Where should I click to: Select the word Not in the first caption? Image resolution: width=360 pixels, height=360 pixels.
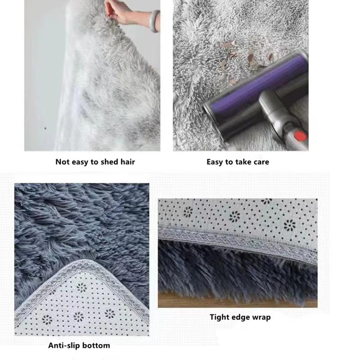(63, 162)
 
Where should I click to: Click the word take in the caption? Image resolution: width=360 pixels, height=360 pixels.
(240, 162)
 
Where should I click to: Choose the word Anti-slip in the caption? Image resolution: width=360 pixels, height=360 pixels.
(64, 346)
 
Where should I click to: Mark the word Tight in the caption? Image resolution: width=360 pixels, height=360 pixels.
(220, 317)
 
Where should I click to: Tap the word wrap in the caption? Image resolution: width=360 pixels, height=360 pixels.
(261, 317)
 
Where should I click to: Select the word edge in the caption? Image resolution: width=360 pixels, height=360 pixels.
(241, 317)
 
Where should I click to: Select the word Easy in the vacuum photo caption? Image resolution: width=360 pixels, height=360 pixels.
(216, 162)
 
